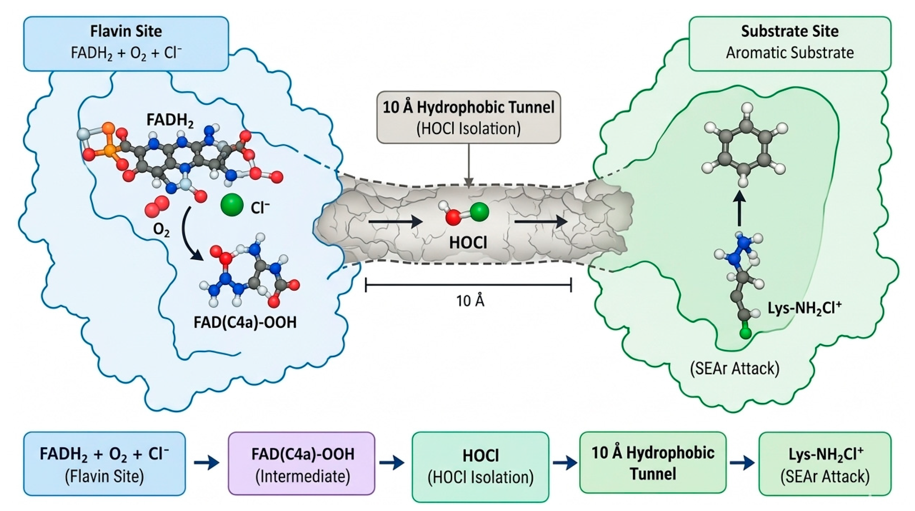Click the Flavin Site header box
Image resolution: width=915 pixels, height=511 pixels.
click(126, 44)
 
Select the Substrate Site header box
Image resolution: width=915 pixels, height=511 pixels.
click(790, 44)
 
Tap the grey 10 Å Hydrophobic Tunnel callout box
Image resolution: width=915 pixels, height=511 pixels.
click(469, 117)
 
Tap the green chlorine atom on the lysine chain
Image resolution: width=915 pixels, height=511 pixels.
click(746, 333)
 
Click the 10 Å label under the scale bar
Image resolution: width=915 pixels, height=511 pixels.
click(470, 301)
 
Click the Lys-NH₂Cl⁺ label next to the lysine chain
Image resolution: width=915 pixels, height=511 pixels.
click(805, 308)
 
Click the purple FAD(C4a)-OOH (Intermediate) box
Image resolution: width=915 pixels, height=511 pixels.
click(302, 463)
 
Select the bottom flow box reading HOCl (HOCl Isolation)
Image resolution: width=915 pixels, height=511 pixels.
click(480, 467)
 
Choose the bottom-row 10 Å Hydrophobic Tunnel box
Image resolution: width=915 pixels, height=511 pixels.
click(653, 462)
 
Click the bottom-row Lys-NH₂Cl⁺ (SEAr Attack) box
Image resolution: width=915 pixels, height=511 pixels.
click(825, 463)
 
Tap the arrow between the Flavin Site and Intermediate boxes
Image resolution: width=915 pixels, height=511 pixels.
click(207, 463)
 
